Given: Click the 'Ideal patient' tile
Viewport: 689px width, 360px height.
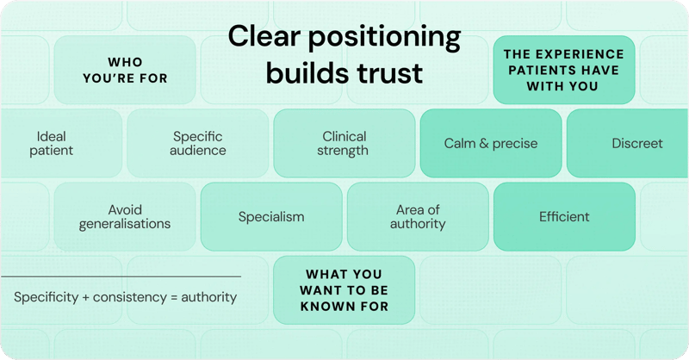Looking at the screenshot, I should point(55,144).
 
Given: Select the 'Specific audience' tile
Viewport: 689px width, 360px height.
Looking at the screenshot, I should point(198,144).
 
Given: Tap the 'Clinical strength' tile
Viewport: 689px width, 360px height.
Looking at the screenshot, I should point(344,144).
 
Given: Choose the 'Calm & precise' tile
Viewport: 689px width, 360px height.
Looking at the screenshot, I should point(490,144).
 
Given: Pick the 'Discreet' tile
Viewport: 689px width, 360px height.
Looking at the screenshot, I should point(636,144).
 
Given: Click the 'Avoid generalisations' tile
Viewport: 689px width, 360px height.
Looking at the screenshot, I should point(125,217).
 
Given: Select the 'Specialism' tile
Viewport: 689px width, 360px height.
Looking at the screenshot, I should point(271,217).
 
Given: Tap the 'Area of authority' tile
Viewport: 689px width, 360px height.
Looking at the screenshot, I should point(418,217).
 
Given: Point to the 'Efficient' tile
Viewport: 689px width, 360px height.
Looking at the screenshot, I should point(564,217).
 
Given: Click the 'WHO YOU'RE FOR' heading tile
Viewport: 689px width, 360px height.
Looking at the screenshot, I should point(125,70).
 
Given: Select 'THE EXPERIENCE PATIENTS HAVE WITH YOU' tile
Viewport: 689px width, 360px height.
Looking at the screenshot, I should point(564,70).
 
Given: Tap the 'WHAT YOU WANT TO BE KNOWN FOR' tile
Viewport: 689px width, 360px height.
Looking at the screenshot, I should point(344,290).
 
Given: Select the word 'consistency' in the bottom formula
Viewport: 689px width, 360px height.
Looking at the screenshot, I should point(129,298).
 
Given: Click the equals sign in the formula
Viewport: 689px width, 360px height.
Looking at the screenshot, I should point(175,298).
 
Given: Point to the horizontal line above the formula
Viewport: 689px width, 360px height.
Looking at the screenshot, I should point(121,276).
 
